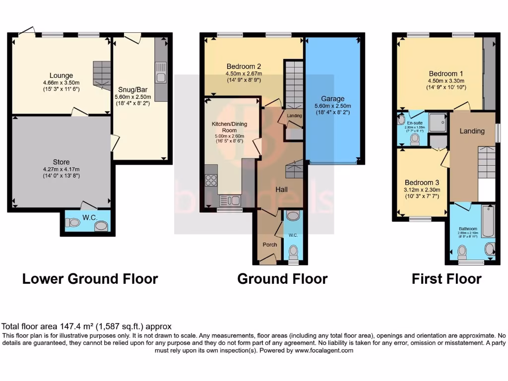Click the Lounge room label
point(62,76)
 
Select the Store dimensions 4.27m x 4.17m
point(62,169)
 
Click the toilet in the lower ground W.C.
point(72,223)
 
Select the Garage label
point(332,99)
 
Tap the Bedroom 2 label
point(244,66)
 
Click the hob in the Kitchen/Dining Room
point(210,180)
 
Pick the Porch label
point(270,244)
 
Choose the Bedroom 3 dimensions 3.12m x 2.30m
point(423,190)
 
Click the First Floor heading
point(446,279)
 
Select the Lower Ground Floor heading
point(90,279)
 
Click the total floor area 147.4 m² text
point(87,326)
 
